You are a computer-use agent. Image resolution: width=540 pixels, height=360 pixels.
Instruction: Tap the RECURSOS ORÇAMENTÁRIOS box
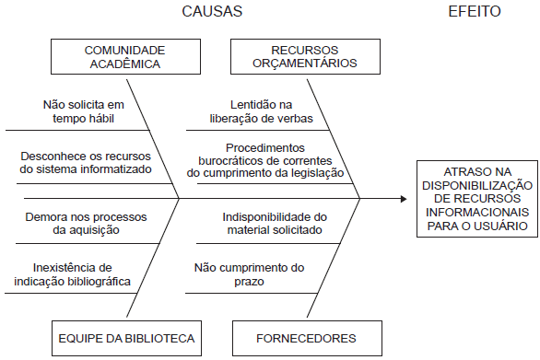coord(304,56)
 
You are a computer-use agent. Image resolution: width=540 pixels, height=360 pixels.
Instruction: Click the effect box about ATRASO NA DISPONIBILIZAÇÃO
coord(475,198)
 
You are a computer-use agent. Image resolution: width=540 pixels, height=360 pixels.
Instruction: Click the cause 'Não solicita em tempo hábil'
coord(83,110)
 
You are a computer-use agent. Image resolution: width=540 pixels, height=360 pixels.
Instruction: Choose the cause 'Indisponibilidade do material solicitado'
coord(273,223)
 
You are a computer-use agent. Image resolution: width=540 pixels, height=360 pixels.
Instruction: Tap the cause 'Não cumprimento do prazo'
coord(249,273)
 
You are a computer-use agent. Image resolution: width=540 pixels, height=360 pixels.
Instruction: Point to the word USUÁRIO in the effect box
coord(504,224)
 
